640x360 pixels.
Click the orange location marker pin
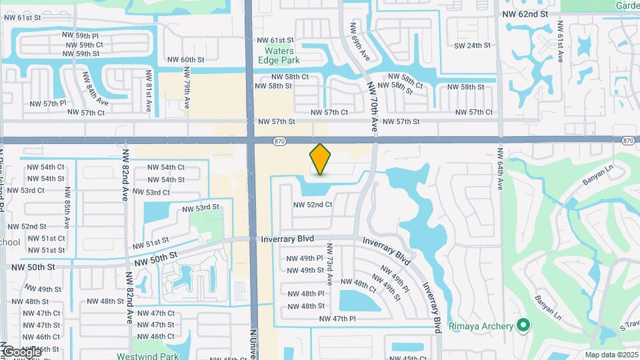tap(321, 159)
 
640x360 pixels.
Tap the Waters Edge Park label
tap(289, 55)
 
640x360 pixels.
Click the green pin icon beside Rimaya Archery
tap(523, 325)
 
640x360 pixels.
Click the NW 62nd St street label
tap(525, 13)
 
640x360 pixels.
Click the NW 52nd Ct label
tap(313, 205)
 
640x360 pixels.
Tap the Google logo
tap(22, 351)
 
